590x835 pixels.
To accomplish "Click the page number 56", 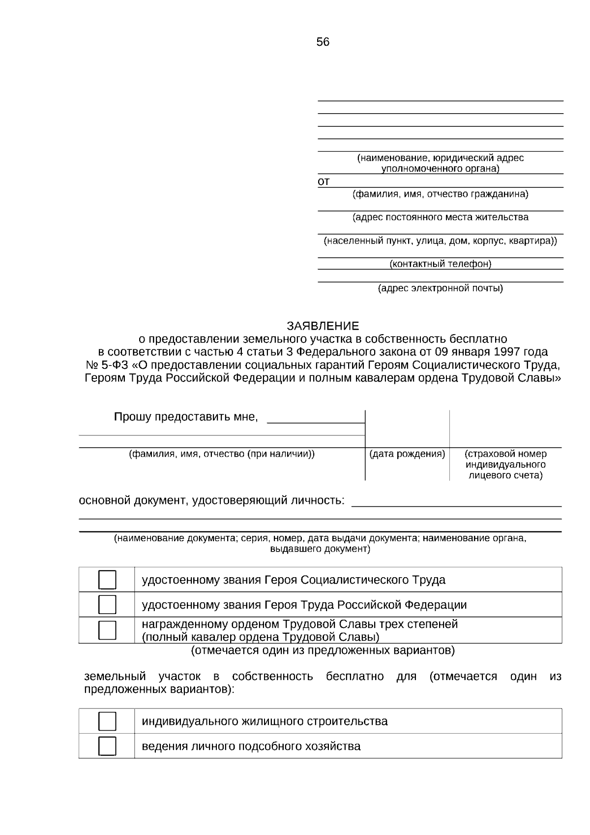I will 323,42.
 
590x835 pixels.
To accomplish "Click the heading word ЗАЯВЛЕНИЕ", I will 323,326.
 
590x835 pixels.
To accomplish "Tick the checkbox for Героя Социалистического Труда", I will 107,580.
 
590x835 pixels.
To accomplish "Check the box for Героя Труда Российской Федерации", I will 107,604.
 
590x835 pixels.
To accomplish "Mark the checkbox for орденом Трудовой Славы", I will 107,630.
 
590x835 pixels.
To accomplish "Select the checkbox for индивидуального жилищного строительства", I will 107,721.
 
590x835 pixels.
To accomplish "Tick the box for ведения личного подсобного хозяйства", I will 107,746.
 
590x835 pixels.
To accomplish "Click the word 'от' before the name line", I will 324,182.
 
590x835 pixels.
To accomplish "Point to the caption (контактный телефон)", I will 440,264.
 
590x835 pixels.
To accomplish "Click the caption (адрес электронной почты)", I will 440,288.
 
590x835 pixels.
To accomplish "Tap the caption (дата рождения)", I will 407,454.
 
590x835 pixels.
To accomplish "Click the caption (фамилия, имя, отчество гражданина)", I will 440,194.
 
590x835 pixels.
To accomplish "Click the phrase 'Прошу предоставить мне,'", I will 186,417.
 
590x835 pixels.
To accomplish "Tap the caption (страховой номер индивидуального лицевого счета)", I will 505,464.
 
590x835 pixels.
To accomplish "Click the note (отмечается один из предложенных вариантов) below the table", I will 323,650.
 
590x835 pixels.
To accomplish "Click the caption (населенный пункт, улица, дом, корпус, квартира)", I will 440,241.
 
